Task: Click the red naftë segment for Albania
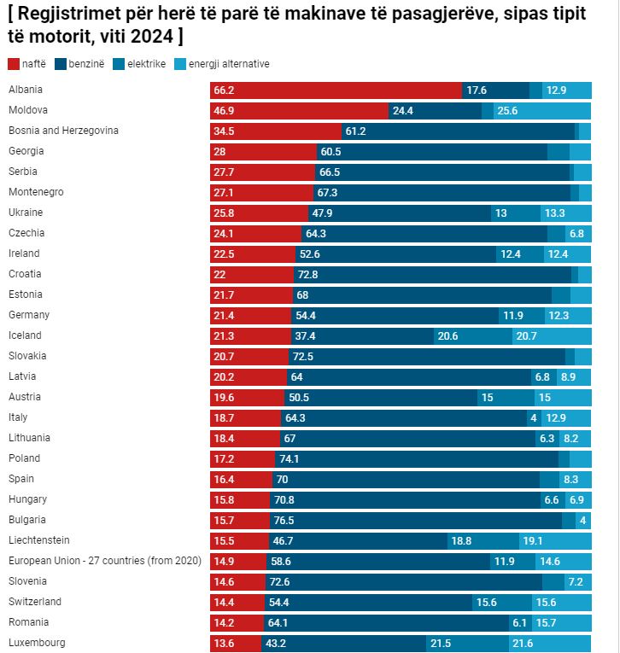point(336,90)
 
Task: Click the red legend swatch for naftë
point(14,64)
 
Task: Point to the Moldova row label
point(28,110)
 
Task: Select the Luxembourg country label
point(37,643)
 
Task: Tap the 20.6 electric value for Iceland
point(447,335)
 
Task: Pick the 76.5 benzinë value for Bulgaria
point(284,520)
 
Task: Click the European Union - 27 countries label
point(104,561)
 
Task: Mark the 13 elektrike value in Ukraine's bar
point(500,213)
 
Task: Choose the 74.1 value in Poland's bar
point(290,458)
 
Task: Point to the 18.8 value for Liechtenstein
point(461,540)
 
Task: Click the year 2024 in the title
point(154,37)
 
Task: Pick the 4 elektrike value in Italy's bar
point(533,417)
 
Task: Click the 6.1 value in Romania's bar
point(520,622)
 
